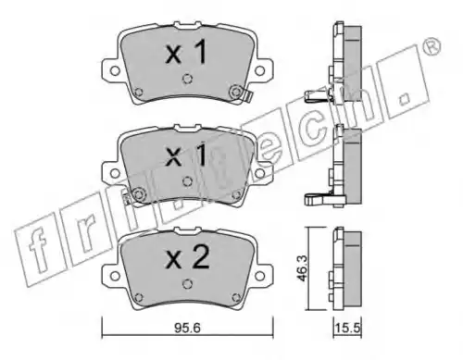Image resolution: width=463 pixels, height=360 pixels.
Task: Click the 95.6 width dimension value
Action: point(188,328)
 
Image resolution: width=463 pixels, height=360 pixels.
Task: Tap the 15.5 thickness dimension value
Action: point(347,328)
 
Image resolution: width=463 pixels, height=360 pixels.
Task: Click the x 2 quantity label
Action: point(188,258)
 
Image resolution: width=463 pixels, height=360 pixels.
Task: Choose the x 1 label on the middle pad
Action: point(186,155)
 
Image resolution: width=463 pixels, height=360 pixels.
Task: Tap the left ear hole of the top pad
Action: point(115,71)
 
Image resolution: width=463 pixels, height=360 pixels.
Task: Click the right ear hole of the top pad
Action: point(260,71)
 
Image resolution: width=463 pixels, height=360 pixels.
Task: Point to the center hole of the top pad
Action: point(187,79)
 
